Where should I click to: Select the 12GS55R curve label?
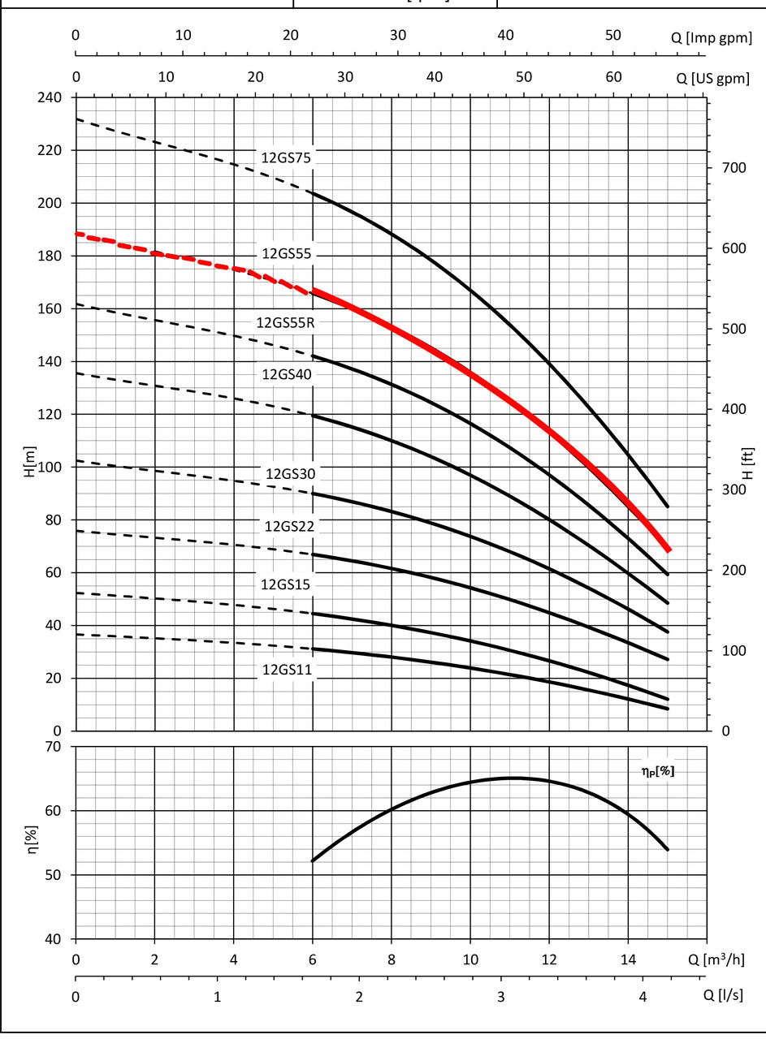coord(284,322)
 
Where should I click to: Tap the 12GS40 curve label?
coord(287,375)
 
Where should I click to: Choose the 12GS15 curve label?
coord(286,584)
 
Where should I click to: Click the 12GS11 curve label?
coord(287,670)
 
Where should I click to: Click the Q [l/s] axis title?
coord(722,994)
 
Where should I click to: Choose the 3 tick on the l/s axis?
coord(501,995)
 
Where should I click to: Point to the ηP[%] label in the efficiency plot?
coord(656,771)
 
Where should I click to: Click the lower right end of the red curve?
coord(669,550)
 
